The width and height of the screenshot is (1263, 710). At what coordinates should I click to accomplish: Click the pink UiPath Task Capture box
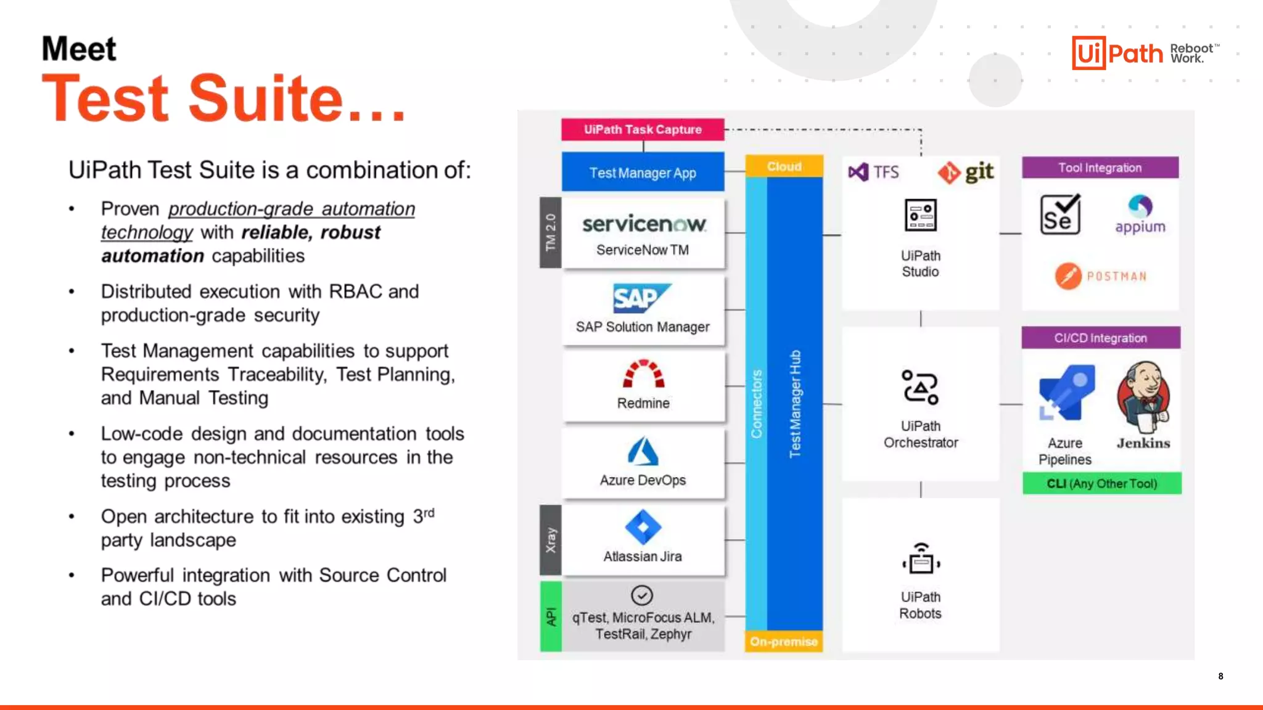point(643,129)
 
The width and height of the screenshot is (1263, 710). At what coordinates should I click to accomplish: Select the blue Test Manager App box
point(643,173)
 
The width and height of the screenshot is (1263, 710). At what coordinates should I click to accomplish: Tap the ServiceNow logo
point(644,224)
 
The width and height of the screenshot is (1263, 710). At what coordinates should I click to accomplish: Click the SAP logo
point(641,299)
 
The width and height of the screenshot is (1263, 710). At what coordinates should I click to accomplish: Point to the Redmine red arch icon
point(643,374)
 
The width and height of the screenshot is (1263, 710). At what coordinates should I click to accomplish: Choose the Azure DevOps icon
point(643,451)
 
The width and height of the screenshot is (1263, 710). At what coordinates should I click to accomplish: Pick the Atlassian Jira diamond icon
point(643,528)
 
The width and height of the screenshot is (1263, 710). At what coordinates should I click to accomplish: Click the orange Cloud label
point(784,166)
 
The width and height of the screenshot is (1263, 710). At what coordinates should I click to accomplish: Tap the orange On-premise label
point(783,642)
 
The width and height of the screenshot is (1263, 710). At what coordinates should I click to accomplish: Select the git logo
point(966,173)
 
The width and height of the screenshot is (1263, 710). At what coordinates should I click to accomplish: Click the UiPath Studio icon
point(920,215)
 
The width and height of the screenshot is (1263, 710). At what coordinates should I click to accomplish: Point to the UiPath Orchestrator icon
point(920,387)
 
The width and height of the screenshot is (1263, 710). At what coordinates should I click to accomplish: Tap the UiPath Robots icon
point(921,558)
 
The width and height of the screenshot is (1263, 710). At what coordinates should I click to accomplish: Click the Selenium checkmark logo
point(1060,214)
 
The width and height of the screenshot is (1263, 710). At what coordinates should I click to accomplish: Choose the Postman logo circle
point(1068,276)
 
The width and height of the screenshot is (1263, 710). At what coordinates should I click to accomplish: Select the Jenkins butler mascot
point(1143,398)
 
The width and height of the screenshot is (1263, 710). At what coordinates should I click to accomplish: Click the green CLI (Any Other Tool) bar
point(1101,483)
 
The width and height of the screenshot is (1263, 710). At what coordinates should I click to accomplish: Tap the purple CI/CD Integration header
point(1101,338)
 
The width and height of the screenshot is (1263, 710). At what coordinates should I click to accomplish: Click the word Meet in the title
point(79,49)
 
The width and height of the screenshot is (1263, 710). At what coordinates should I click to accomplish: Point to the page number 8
point(1220,676)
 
